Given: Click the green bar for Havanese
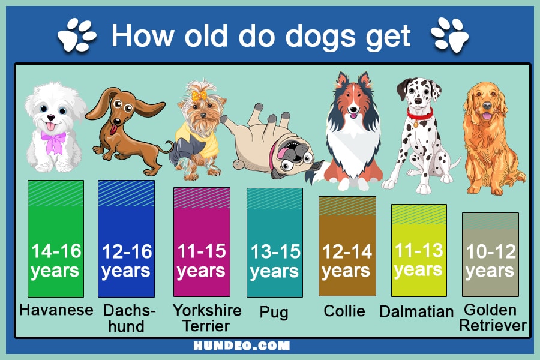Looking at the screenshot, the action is pyautogui.click(x=56, y=238).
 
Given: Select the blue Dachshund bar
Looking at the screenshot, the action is pyautogui.click(x=127, y=238).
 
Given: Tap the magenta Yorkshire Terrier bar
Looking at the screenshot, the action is pyautogui.click(x=202, y=242).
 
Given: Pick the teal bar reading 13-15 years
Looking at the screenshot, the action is pyautogui.click(x=275, y=242).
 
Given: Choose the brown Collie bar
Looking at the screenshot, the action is pyautogui.click(x=347, y=247).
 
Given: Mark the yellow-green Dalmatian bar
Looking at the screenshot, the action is pyautogui.click(x=419, y=250).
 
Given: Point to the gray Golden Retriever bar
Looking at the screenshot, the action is pyautogui.click(x=490, y=254).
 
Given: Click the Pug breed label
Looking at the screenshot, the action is pyautogui.click(x=274, y=313).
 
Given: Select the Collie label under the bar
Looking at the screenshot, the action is pyautogui.click(x=344, y=311).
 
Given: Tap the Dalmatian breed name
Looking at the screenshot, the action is pyautogui.click(x=416, y=311).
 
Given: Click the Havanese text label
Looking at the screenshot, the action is pyautogui.click(x=56, y=310).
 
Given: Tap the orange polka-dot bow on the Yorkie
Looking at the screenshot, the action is pyautogui.click(x=199, y=96).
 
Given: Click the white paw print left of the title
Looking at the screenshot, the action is pyautogui.click(x=77, y=35).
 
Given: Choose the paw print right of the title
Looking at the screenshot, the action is pyautogui.click(x=450, y=35).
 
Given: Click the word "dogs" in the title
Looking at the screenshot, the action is pyautogui.click(x=320, y=36).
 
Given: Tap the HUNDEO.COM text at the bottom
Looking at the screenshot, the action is pyautogui.click(x=241, y=346).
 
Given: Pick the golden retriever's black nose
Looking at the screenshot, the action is pyautogui.click(x=487, y=105).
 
